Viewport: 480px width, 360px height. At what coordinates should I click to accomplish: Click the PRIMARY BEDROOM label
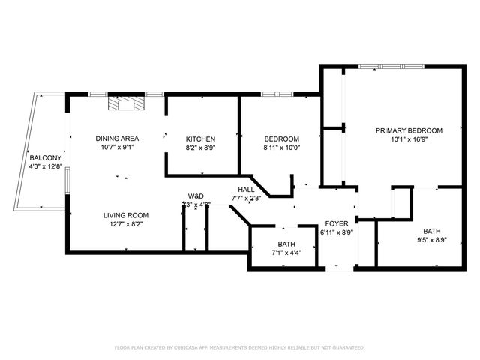click(409, 130)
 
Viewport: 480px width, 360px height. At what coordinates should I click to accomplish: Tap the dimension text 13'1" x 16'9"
click(409, 139)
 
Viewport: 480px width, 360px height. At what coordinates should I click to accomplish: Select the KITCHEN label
click(201, 139)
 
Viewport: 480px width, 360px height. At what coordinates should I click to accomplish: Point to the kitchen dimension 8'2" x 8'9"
click(201, 148)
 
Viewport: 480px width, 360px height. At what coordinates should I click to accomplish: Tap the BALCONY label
click(45, 157)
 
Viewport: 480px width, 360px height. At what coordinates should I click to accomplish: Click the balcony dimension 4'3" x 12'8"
click(45, 166)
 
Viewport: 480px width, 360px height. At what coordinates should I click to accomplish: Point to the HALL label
click(247, 190)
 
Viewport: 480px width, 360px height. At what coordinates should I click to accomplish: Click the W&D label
click(196, 196)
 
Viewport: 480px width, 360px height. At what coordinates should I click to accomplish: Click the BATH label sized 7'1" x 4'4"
click(286, 244)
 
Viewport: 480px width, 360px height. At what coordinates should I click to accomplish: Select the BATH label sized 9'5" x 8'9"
click(432, 231)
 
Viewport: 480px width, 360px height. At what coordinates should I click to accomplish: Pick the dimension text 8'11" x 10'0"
click(281, 148)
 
